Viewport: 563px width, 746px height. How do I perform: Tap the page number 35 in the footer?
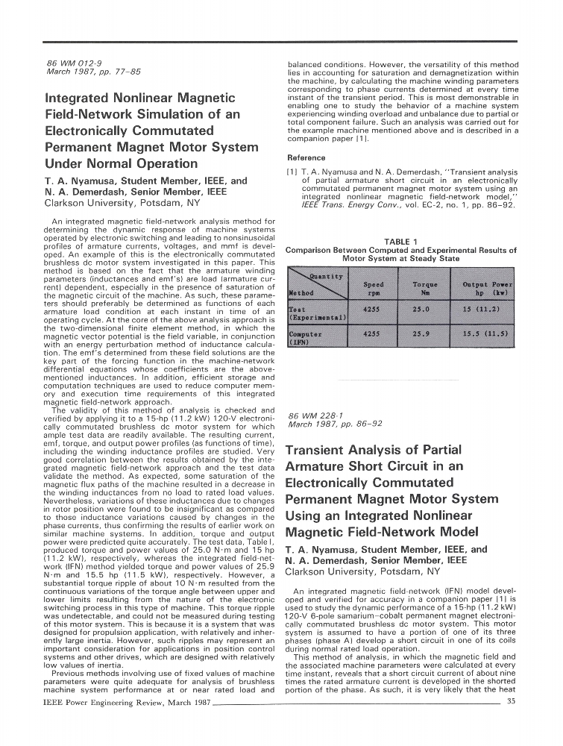point(511,700)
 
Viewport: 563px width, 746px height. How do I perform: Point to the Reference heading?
point(306,157)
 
